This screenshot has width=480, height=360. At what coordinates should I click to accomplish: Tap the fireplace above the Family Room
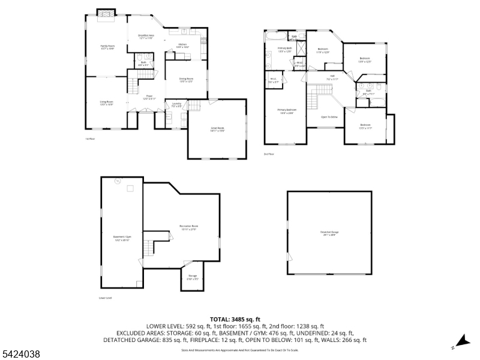(106, 13)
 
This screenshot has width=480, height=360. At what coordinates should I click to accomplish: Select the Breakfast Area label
(147, 37)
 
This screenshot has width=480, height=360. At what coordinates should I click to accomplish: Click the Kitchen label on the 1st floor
(183, 45)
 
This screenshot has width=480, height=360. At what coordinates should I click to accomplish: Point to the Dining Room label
(187, 80)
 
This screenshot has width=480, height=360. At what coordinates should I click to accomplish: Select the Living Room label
(106, 103)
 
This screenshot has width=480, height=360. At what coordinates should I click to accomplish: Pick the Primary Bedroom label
(287, 111)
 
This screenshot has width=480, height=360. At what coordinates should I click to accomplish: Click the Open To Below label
(329, 116)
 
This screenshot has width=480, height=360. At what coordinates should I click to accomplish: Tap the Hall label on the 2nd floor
(332, 77)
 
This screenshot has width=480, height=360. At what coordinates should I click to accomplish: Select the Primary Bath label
(284, 49)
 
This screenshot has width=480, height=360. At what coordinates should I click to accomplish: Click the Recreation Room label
(188, 227)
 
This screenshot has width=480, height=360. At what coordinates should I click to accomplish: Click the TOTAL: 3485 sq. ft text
(235, 319)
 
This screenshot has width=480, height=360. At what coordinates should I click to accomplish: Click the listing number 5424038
(21, 355)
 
